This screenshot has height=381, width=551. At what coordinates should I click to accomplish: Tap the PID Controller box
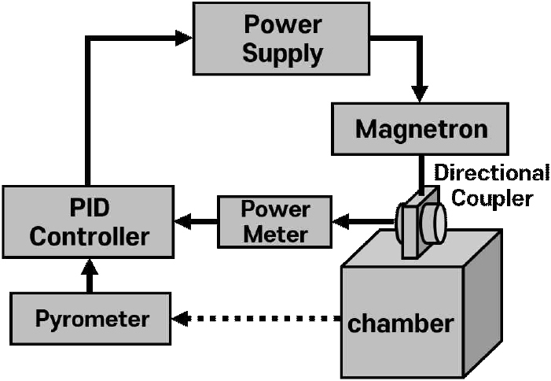tap(87, 224)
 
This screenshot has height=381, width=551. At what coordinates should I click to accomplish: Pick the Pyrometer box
tap(91, 319)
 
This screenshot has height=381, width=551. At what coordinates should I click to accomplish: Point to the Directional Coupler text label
tap(492, 184)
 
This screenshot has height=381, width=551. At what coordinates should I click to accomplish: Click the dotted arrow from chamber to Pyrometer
tap(259, 319)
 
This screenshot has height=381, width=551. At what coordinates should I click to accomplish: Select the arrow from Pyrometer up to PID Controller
tap(88, 277)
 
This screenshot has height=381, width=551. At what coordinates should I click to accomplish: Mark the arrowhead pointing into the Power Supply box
tap(183, 38)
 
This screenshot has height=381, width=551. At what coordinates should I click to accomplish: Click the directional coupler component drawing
tap(421, 223)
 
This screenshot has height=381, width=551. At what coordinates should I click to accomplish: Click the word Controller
tap(87, 236)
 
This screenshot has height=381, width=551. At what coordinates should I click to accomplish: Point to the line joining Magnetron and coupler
tap(420, 170)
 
